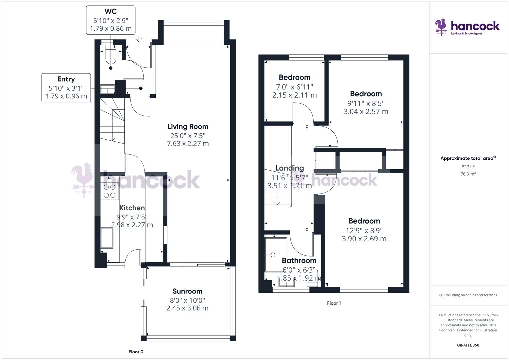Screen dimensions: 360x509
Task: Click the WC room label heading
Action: [x=111, y=12]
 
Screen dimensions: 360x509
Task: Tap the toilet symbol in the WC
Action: [x=110, y=55]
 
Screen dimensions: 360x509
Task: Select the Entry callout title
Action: [x=66, y=79]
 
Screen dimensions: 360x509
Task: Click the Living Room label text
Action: [x=188, y=126]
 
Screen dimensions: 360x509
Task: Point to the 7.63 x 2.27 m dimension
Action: [x=188, y=144]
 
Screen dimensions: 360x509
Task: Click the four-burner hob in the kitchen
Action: [x=109, y=191]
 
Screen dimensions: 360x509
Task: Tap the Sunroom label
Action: [x=187, y=291]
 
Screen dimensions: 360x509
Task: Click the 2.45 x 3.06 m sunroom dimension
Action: [x=187, y=308]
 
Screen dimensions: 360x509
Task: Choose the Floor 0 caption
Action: [x=136, y=352]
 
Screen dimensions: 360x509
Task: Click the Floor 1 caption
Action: [x=334, y=303]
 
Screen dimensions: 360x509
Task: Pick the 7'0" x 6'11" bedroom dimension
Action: [x=294, y=87]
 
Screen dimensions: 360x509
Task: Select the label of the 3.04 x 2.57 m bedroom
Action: [x=366, y=94]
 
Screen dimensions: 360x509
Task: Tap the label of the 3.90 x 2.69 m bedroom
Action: [x=364, y=221]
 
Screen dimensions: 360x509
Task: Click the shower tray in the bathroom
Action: [x=276, y=254]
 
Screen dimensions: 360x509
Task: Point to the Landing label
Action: [x=289, y=168]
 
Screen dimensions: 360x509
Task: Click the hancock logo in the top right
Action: [x=467, y=27]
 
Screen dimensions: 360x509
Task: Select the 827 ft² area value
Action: [x=468, y=167]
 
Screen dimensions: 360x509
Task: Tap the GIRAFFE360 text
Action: [x=468, y=345]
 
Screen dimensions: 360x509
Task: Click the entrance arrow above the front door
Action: [x=139, y=39]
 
